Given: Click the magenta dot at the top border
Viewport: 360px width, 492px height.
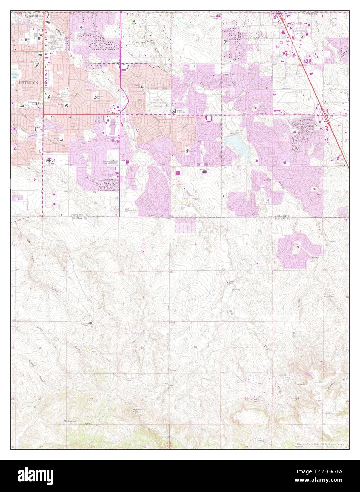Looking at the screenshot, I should pos(121,12).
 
